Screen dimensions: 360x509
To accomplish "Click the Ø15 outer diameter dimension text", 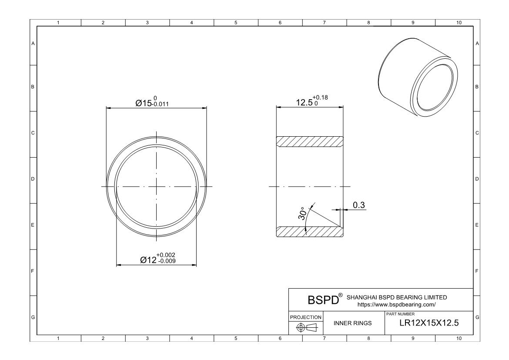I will click(144, 103).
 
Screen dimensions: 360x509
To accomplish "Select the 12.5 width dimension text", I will click(304, 103).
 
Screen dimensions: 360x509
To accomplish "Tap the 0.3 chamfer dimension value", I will click(358, 205).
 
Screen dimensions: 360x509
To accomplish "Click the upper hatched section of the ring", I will click(310, 142).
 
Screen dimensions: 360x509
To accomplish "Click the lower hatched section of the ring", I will click(310, 232).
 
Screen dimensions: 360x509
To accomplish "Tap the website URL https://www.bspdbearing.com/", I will click(396, 305).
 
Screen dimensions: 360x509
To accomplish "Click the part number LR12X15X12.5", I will click(429, 323).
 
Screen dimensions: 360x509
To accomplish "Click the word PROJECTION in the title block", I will click(306, 317).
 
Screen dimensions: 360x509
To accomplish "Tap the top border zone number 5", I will click(235, 22).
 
